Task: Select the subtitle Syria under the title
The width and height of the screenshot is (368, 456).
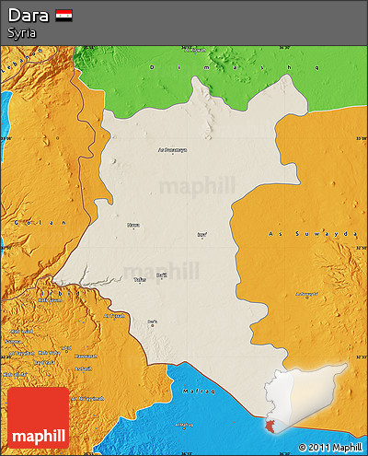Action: coord(22,33)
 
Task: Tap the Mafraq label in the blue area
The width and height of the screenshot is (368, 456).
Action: coord(201,392)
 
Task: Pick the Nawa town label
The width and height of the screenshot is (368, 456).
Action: coord(134,225)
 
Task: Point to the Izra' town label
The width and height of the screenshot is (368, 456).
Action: coord(201,234)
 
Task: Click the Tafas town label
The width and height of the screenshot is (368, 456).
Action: coord(140,279)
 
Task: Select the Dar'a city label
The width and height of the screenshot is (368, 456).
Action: coord(153,322)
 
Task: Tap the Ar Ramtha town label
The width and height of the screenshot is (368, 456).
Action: coord(114,316)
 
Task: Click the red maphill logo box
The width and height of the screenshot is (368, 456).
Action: coord(38,417)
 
